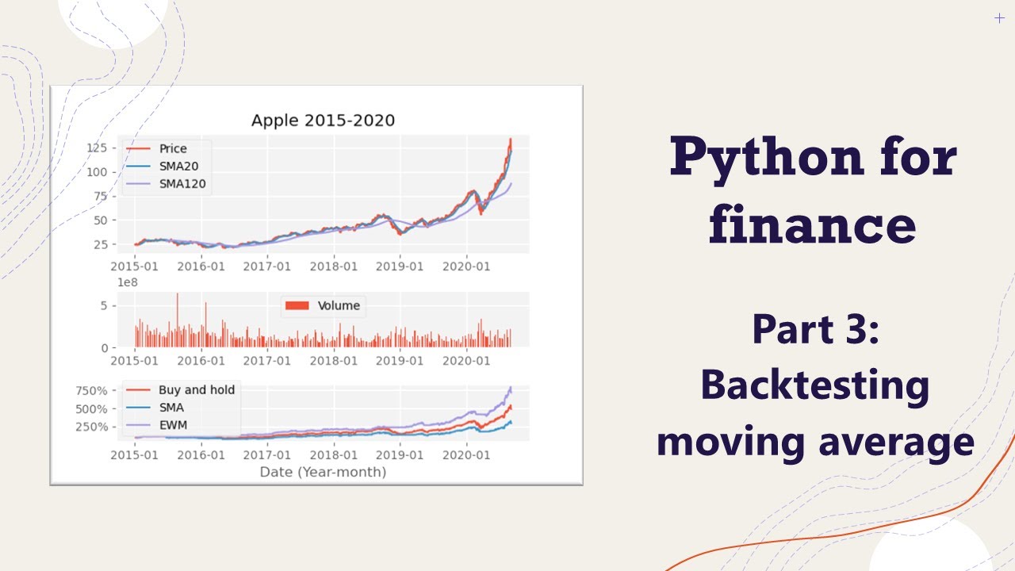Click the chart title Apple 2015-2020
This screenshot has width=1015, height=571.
point(323,121)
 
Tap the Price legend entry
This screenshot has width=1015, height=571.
point(172,148)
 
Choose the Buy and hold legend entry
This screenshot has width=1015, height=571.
point(196,389)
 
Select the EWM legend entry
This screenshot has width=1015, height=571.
point(174,425)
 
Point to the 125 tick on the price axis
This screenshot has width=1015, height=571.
point(97,148)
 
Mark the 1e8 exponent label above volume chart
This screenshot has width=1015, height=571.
point(128,282)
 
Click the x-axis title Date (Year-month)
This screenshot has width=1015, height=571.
point(323,472)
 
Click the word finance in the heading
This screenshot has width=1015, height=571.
point(813,224)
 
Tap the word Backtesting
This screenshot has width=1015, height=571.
point(815,385)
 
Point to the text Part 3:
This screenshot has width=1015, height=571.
point(816,329)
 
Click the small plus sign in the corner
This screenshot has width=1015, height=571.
point(999,18)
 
